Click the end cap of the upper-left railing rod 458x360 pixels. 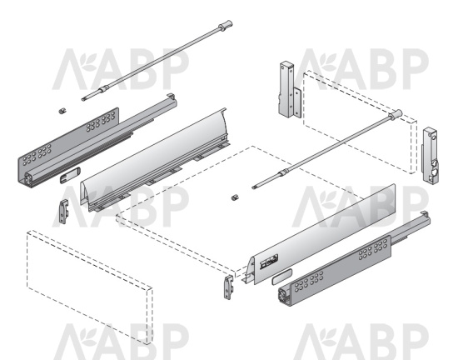coord(226,25)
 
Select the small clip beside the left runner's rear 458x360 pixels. coord(62,111)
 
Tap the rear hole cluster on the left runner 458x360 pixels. coord(101,122)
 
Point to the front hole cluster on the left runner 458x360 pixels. coord(37,154)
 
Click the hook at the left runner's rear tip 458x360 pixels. coord(171,96)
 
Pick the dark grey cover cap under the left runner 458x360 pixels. coord(70,175)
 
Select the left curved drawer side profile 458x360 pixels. coord(154,160)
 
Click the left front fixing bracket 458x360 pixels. coord(63,212)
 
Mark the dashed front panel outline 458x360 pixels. coord(90,287)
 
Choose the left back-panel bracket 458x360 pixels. coord(290,90)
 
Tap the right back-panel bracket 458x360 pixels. coord(431,156)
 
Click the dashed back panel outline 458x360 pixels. coord(360,122)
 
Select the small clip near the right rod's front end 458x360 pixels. coord(235,197)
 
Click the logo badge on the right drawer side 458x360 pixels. coord(269,261)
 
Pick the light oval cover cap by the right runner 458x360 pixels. coord(281,277)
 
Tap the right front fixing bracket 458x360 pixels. coord(229,287)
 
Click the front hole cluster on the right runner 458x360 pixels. coord(309,282)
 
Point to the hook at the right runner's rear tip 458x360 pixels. coord(425,214)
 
